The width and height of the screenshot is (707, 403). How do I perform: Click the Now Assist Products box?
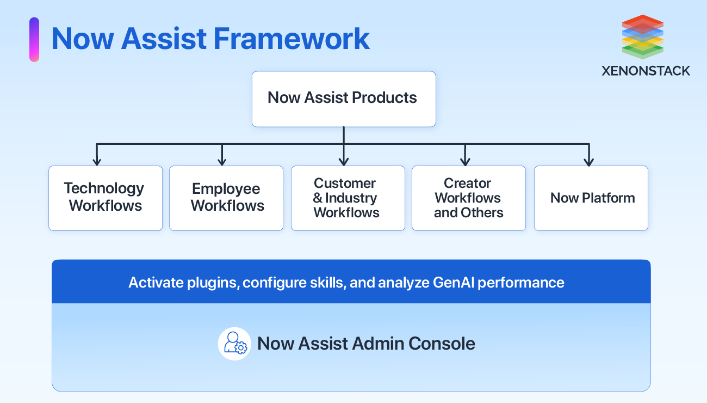point(343,99)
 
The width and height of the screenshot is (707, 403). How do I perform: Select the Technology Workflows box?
point(105,198)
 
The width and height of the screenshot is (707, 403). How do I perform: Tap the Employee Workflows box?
point(226,198)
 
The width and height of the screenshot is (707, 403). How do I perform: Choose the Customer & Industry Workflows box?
point(348,198)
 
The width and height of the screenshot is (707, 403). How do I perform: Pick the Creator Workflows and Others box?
point(468,198)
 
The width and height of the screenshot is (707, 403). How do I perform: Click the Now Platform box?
point(591,198)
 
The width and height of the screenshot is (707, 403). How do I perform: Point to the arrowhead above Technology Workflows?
point(97,161)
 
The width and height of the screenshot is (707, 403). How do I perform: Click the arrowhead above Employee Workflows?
point(222,161)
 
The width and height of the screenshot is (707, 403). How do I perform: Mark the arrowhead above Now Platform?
point(588,161)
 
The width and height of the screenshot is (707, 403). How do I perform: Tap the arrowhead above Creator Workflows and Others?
point(465,161)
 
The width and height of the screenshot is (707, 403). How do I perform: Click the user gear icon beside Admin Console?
point(234,344)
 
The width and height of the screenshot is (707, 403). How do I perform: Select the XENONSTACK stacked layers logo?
point(642,36)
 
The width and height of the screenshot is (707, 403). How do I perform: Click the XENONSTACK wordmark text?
point(646,71)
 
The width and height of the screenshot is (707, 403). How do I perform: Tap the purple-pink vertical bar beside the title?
point(34,39)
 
